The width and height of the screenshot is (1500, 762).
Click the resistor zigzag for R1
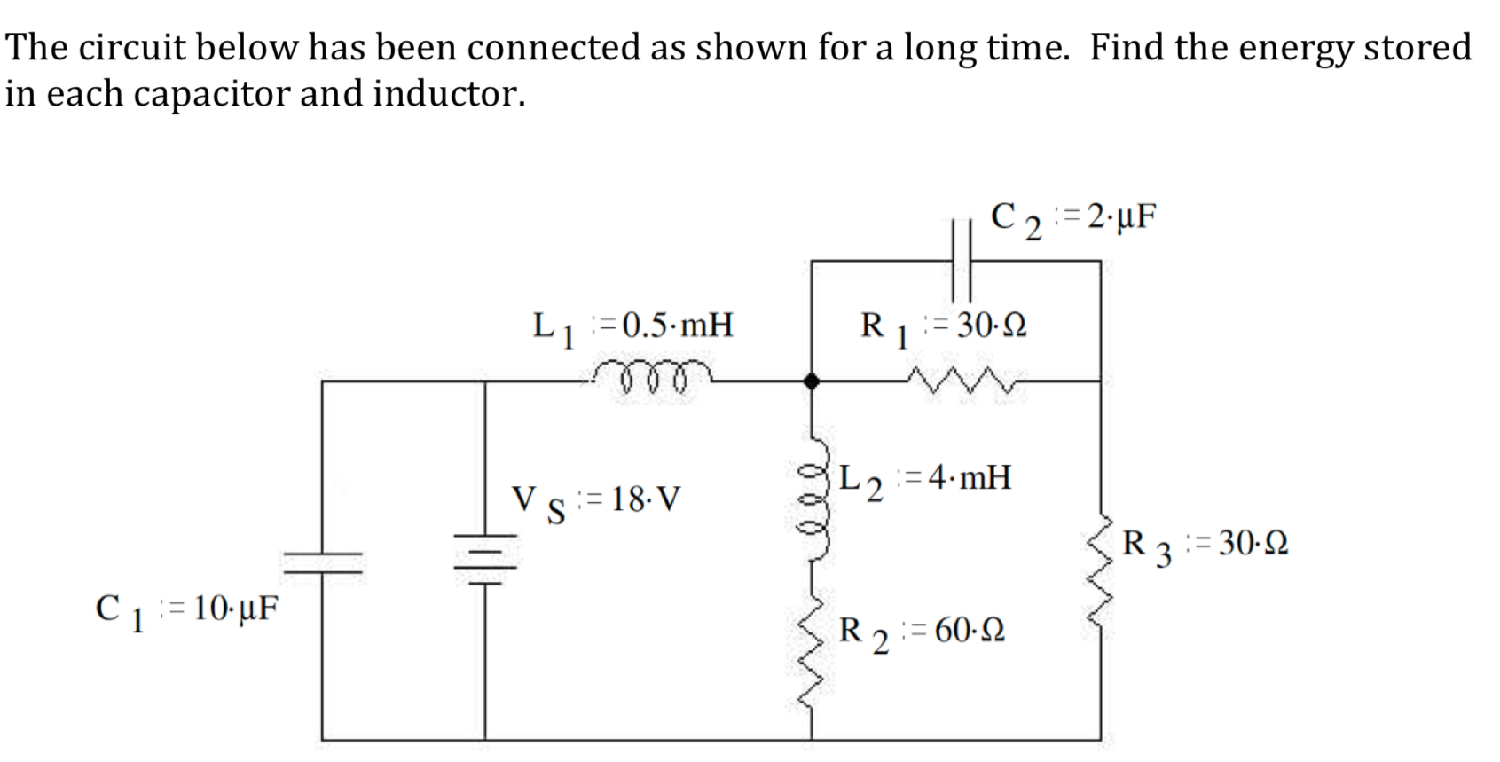click(x=962, y=382)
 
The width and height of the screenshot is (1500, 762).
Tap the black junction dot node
click(x=811, y=381)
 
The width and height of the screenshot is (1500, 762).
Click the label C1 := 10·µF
click(x=186, y=609)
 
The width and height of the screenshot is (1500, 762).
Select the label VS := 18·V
click(x=596, y=500)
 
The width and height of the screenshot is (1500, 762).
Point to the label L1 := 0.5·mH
click(x=632, y=326)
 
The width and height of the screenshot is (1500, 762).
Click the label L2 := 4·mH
click(x=924, y=479)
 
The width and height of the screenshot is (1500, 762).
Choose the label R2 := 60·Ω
click(x=922, y=632)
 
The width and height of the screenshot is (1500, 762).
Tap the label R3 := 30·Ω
click(x=1205, y=543)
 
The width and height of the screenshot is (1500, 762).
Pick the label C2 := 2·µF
click(x=1073, y=217)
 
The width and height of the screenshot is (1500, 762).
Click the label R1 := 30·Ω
click(x=943, y=326)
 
